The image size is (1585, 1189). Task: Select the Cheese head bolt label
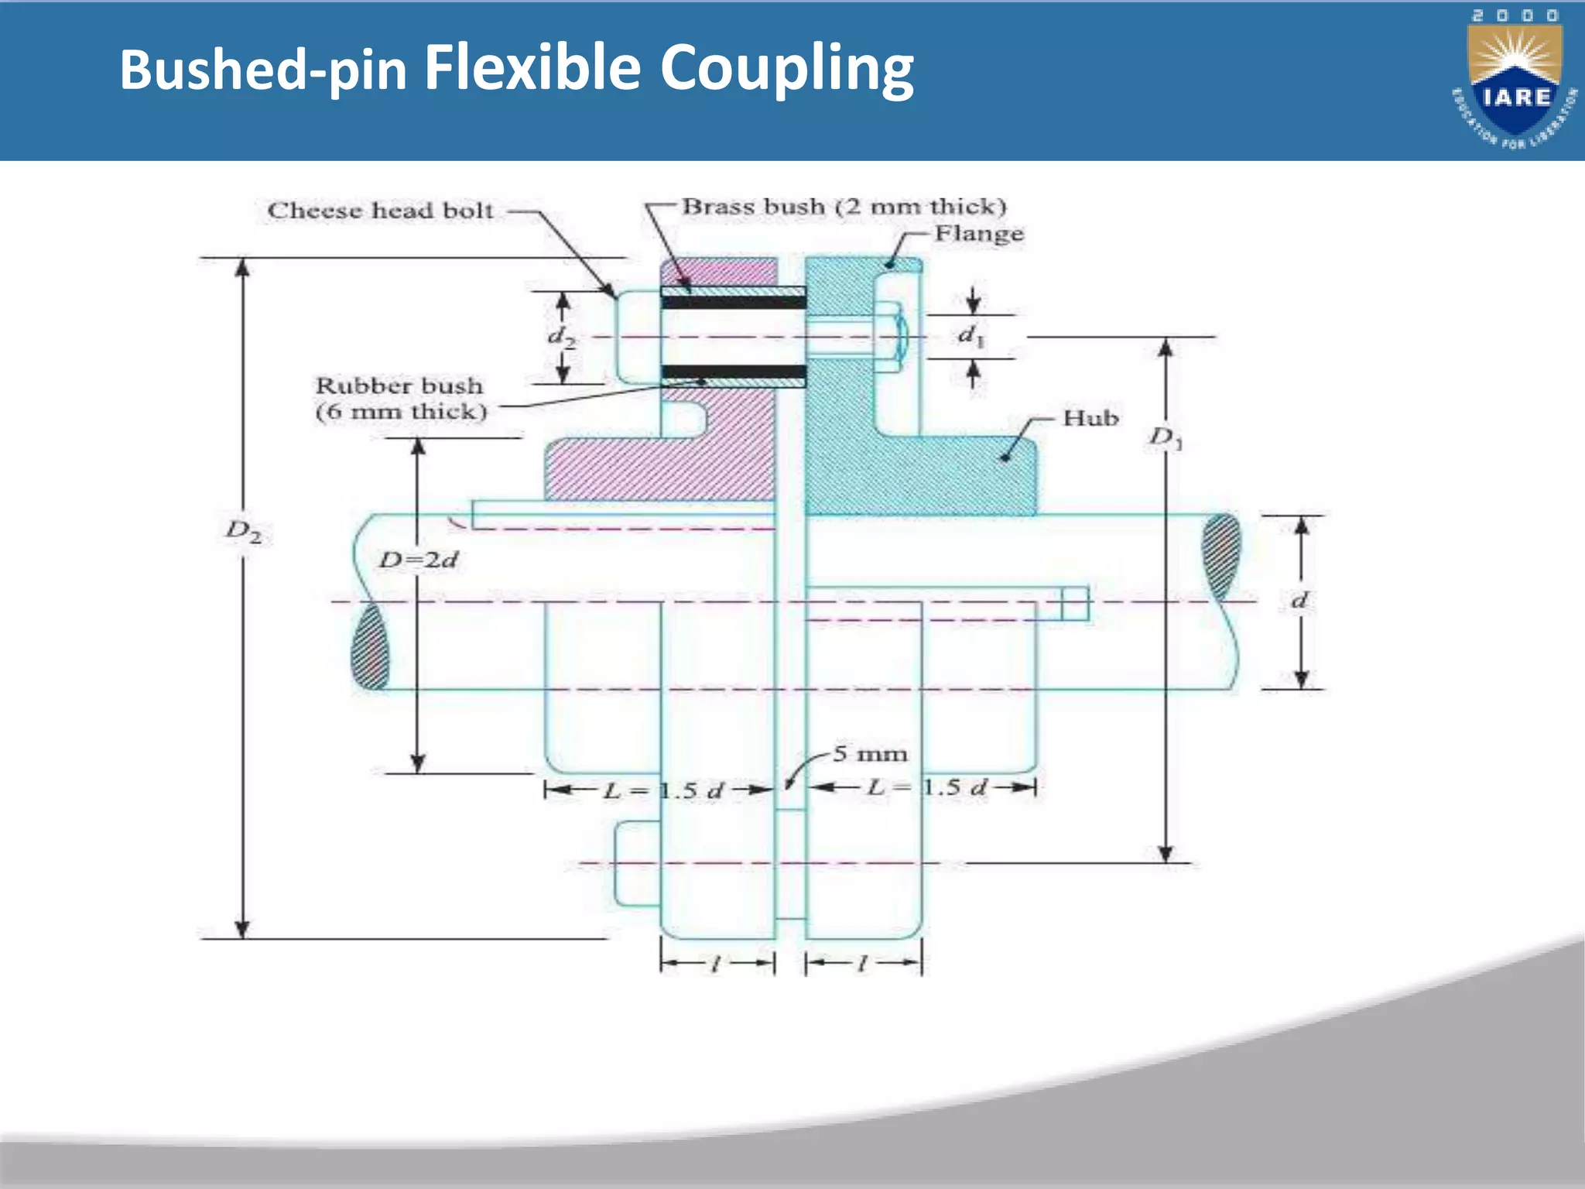click(x=379, y=211)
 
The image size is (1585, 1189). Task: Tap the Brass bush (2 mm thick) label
click(x=844, y=207)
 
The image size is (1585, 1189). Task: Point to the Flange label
click(x=978, y=233)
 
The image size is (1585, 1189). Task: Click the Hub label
click(x=1090, y=418)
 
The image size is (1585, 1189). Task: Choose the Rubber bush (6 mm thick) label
click(x=400, y=398)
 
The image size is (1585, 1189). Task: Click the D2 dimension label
click(x=243, y=531)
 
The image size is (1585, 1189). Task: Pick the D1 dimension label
click(x=1166, y=438)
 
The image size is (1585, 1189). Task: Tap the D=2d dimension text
click(x=418, y=559)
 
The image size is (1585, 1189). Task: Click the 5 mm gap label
click(x=870, y=754)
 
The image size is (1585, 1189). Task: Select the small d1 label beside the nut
click(x=971, y=336)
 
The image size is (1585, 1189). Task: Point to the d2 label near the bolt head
click(x=562, y=337)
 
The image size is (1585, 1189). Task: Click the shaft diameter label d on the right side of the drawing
click(x=1300, y=600)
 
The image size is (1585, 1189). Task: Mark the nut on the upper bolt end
click(x=891, y=338)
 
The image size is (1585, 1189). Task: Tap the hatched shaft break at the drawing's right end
click(x=1220, y=556)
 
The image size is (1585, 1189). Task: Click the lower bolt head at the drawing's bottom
click(x=636, y=864)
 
